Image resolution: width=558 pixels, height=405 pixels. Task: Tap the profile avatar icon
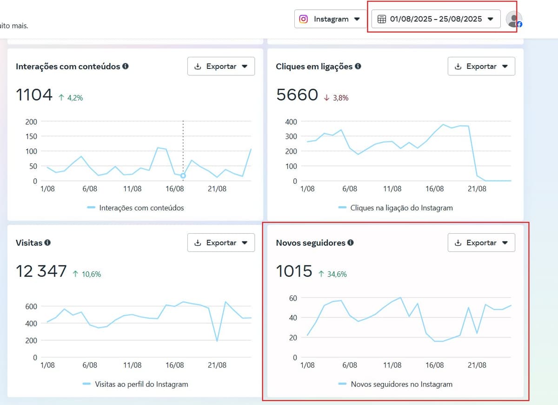point(513,19)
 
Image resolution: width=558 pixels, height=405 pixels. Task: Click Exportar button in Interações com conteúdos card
point(221,66)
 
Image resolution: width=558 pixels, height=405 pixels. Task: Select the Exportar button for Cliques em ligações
point(481,66)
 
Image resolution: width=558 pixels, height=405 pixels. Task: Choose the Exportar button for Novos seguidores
point(481,243)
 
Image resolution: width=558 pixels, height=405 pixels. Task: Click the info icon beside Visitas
point(47,243)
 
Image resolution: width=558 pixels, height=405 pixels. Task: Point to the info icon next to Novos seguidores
point(351,243)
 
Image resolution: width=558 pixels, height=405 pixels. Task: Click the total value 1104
point(34,95)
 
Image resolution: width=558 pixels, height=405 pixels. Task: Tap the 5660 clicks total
point(297,95)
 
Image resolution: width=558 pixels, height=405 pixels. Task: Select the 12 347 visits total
point(41,271)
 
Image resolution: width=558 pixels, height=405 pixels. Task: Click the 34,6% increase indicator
point(332,274)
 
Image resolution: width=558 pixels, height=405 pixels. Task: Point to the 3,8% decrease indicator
point(336,98)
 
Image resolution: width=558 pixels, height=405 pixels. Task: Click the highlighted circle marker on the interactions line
point(183,175)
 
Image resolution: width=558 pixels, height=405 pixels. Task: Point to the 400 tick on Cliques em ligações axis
point(291,121)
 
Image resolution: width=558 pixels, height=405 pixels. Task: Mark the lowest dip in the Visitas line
point(217,341)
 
